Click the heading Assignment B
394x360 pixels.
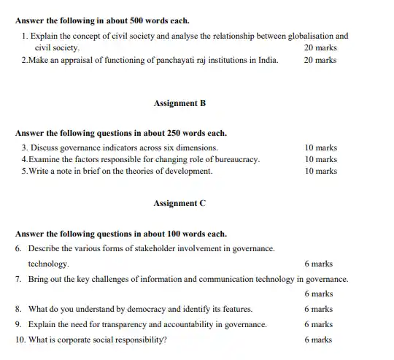179,103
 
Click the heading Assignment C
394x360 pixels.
179,204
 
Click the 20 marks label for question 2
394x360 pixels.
320,60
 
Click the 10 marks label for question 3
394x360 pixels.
320,147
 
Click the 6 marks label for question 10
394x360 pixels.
318,340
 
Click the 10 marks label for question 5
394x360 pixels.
320,171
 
